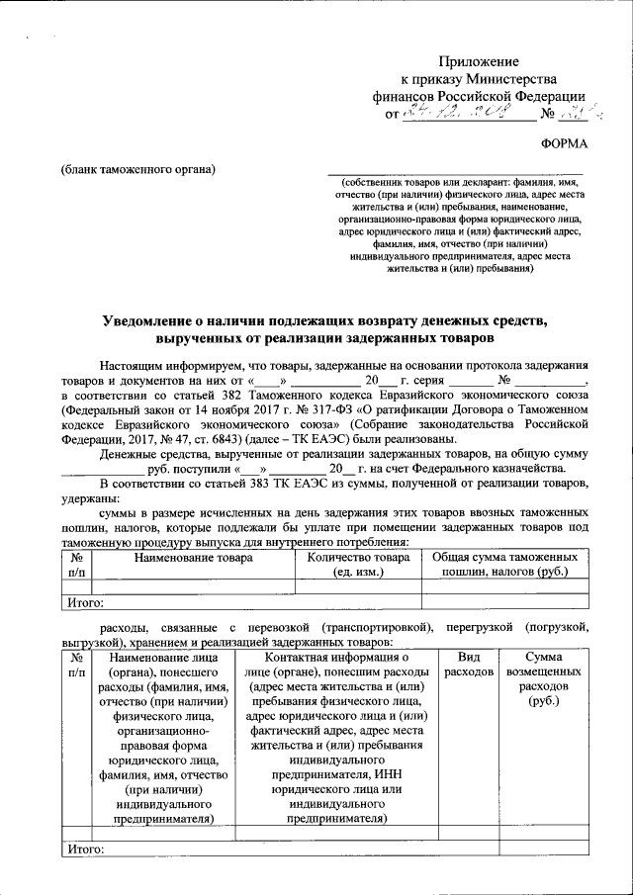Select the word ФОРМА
(x=564, y=144)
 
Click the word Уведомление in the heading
(x=158, y=320)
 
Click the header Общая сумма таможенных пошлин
(x=504, y=566)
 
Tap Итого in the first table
(x=85, y=601)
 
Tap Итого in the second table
(x=85, y=849)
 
